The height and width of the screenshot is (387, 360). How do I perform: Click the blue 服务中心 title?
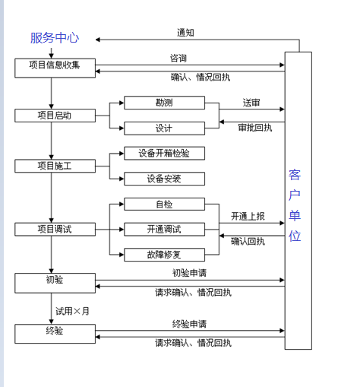coord(55,38)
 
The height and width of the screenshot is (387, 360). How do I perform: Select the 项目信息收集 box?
coord(55,68)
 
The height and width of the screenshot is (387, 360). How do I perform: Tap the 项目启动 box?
coord(55,116)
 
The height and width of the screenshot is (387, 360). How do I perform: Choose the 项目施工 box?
coord(55,166)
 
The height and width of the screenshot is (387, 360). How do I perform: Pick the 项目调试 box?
coord(55,230)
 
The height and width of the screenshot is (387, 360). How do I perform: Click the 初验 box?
coord(55,283)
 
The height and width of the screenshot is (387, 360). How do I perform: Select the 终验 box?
coord(55,334)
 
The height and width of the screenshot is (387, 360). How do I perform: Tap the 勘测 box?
coord(164,103)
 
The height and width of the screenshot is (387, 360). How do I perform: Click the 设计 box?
coord(164,128)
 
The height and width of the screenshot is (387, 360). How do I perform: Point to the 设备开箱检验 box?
coord(164,153)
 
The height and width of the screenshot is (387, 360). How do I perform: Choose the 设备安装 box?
coord(164,179)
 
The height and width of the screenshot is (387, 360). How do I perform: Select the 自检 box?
coord(164,204)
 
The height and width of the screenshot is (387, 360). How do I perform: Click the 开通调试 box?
coord(164,230)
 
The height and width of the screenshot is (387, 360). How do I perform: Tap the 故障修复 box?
coord(164,255)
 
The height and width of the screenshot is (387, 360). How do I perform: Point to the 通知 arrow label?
coord(185,33)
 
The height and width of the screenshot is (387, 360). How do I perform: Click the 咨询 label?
coord(178,59)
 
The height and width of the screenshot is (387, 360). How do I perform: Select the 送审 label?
coord(251,103)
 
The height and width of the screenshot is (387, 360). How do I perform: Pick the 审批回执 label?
coord(255,128)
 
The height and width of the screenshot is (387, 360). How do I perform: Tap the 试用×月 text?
coord(72,311)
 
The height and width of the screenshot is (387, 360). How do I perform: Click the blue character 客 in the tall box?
coord(295,175)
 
